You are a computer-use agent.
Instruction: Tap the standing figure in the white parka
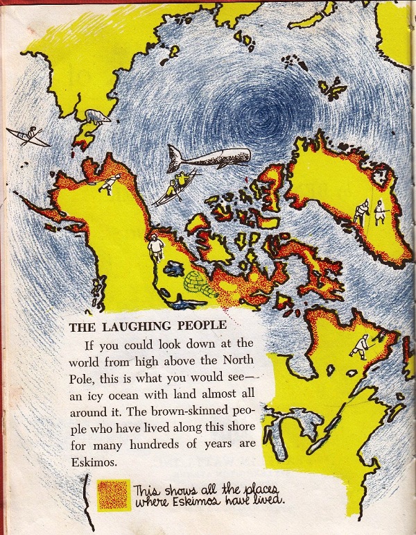157,245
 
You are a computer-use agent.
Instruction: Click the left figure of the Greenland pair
361,210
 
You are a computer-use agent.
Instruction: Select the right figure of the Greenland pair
379,212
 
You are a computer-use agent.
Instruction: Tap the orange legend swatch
112,493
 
